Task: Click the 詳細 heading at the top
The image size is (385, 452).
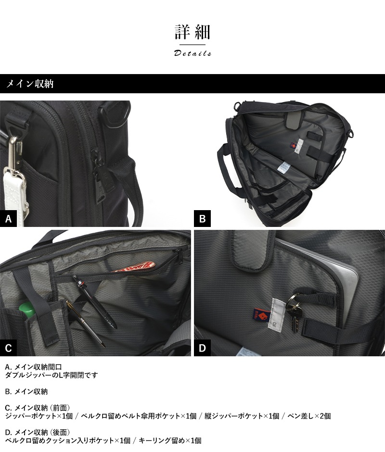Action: [192, 32]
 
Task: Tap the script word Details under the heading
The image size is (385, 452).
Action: [192, 53]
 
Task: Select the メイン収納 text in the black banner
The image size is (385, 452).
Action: [30, 84]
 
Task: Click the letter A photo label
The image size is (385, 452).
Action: [8, 219]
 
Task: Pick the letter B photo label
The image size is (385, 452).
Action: [202, 219]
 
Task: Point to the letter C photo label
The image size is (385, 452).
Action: [8, 348]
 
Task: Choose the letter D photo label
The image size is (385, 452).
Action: [202, 348]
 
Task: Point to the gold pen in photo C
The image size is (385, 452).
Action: [86, 323]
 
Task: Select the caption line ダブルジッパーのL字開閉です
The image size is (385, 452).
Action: [51, 375]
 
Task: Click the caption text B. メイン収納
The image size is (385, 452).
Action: [26, 391]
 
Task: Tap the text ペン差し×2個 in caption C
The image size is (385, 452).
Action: [309, 416]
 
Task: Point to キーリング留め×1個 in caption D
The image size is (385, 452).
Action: [170, 440]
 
